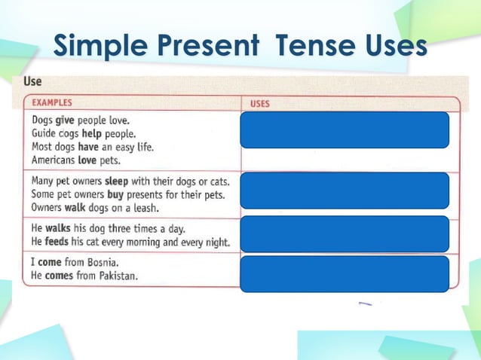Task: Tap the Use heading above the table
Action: (32, 81)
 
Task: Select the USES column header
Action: (259, 104)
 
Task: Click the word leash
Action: (142, 208)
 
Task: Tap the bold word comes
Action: (63, 276)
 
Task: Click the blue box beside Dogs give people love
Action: (345, 130)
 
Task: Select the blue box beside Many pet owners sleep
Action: (345, 190)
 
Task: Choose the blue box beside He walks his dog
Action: (345, 233)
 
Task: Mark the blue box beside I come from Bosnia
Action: (345, 273)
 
